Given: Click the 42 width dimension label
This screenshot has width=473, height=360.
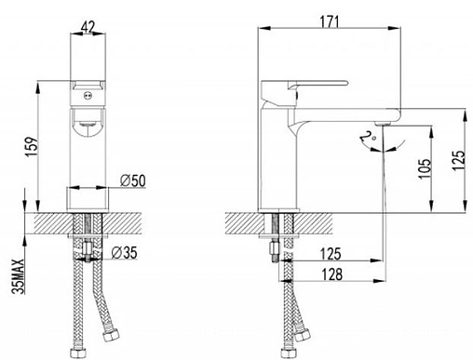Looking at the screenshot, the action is click(x=88, y=27).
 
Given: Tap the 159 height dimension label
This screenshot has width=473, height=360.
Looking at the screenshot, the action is click(x=33, y=146).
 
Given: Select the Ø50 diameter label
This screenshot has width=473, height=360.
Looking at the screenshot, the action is click(x=133, y=180).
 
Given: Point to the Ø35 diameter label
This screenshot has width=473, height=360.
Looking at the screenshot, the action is click(x=124, y=253).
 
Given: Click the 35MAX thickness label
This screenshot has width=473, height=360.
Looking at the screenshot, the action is click(x=18, y=276).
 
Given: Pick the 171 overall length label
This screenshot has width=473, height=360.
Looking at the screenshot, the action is click(x=330, y=21).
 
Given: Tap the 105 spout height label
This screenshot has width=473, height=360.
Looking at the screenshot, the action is click(x=425, y=168).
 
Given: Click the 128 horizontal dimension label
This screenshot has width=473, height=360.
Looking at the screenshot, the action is click(x=331, y=274).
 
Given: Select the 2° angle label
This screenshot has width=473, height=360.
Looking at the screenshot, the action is click(x=369, y=136).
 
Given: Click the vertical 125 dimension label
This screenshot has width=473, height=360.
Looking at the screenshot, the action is click(x=458, y=160).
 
